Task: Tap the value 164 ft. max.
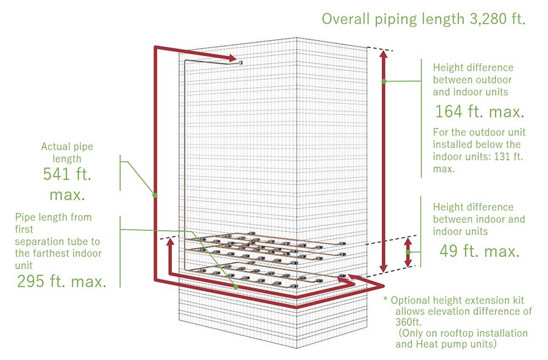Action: [479, 112]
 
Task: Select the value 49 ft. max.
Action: [479, 251]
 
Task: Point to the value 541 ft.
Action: [66, 175]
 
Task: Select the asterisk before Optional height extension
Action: [385, 300]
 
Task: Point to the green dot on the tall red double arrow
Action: [384, 80]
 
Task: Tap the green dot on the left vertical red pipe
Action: [155, 195]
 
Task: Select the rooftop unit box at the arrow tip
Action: [241, 62]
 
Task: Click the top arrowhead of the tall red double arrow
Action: [384, 54]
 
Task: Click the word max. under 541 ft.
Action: [66, 196]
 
